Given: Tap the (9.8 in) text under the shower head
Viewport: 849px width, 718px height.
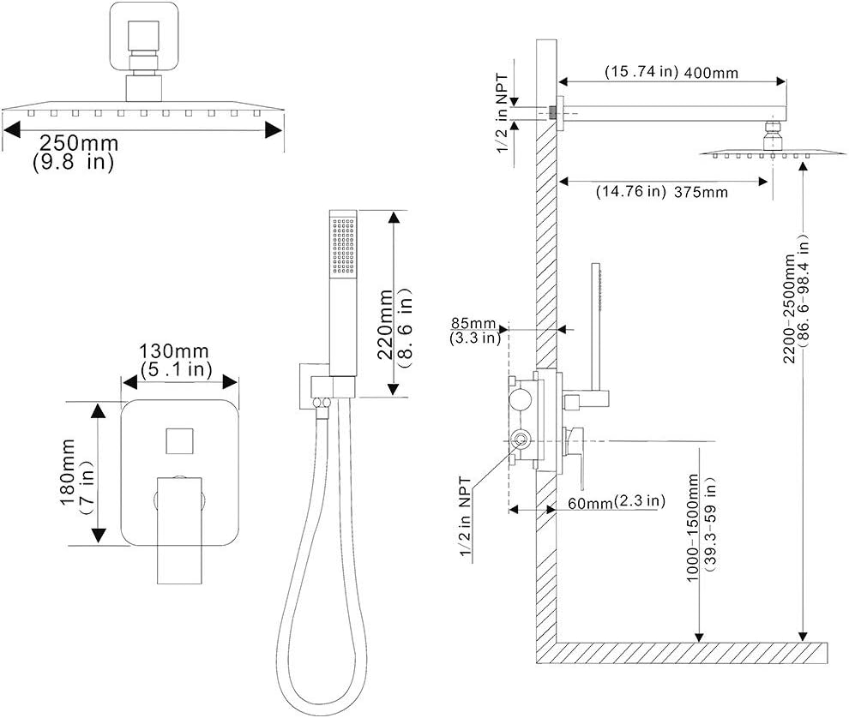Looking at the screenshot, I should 73,162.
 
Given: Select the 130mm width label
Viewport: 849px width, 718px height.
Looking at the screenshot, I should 168,352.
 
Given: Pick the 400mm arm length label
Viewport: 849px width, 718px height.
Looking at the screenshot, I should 709,73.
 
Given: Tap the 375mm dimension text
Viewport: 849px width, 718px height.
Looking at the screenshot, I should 700,192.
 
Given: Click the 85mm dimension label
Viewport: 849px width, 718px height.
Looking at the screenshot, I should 473,323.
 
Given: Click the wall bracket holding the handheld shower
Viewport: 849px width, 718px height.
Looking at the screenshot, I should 308,386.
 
